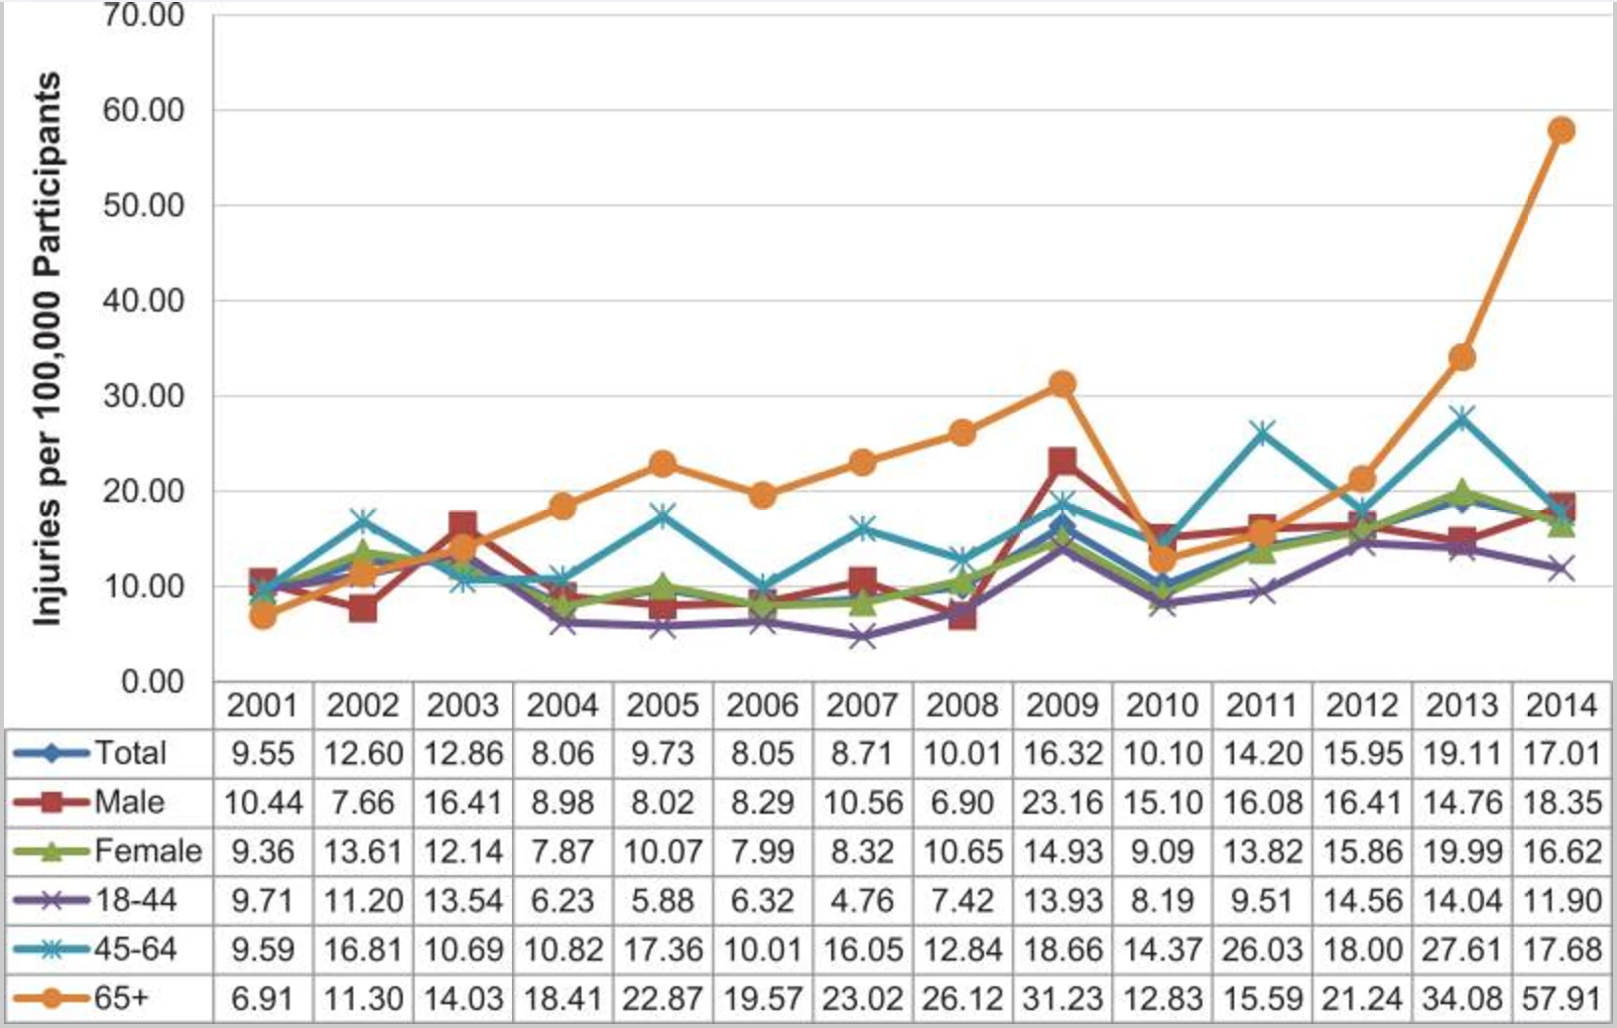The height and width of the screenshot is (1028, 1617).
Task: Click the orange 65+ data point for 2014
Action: coord(1561,130)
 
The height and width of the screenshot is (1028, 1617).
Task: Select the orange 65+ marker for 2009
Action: coord(1062,384)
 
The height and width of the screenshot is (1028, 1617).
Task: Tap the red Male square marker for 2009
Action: coord(1062,461)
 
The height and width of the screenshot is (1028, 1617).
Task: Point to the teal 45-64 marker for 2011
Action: coord(1262,433)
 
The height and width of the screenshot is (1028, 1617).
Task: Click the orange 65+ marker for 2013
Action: coord(1461,357)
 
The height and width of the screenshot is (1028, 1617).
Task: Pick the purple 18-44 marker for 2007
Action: coord(862,636)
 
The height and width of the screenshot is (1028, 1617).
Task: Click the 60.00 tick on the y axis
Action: coord(143,110)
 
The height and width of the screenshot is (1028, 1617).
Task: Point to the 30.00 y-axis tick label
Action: coord(143,396)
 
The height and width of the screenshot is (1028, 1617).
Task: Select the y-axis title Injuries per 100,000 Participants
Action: coord(47,349)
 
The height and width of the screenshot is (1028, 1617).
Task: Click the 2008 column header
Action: coord(961,706)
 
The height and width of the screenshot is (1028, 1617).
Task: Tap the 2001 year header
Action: coord(262,706)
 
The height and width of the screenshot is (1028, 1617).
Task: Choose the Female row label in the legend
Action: coord(148,850)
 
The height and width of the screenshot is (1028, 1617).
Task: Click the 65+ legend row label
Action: coord(121,996)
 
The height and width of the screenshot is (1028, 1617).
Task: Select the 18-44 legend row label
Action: coord(135,900)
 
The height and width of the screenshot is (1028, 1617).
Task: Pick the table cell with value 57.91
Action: coord(1561,996)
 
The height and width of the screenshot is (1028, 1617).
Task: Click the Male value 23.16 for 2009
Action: coord(1062,802)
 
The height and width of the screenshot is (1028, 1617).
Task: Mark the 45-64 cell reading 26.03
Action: coord(1262,949)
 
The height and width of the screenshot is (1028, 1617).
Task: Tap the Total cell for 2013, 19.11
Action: coord(1461,753)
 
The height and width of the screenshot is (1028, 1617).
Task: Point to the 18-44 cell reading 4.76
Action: coord(862,900)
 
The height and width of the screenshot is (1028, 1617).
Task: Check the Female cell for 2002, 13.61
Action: coord(363,850)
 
